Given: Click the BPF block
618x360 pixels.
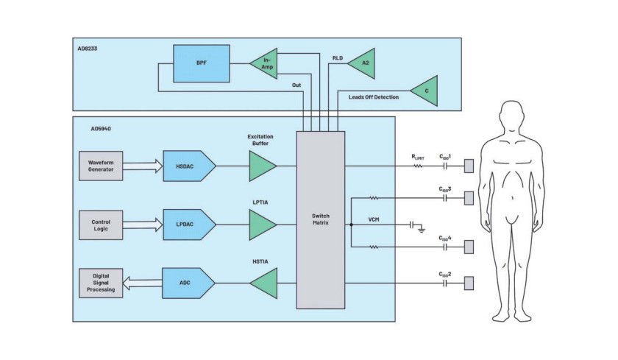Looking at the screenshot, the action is (202, 63).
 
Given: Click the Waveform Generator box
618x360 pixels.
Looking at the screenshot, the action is (101, 166).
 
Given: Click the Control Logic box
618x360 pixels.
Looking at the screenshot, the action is (101, 225).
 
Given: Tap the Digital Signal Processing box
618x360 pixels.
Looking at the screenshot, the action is (101, 283).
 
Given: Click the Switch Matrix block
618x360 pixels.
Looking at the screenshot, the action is (321, 220).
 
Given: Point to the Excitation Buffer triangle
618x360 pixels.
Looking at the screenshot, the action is (263, 166).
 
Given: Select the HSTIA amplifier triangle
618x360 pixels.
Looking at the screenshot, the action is (263, 283).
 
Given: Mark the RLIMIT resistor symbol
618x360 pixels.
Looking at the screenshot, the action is (418, 166).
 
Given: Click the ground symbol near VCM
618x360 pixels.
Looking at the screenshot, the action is (422, 229).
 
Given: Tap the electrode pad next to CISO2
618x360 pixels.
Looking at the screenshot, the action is (469, 283).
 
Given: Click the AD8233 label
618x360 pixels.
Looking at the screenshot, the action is (87, 49).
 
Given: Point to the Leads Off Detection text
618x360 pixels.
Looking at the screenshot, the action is (374, 97).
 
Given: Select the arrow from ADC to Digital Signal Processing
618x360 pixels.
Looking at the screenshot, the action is (142, 283).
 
